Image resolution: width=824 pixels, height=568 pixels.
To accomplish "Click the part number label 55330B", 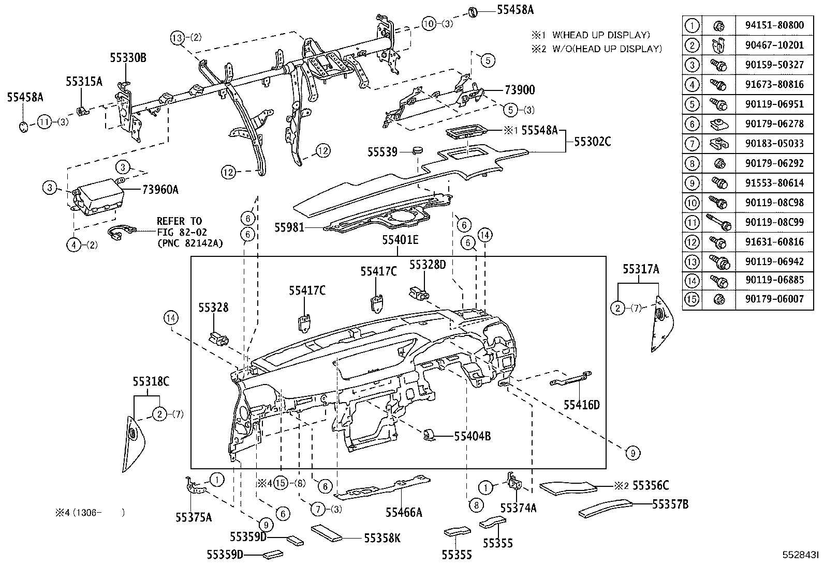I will pos(128,58).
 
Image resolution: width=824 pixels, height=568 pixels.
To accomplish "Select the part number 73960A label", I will pos(160,190).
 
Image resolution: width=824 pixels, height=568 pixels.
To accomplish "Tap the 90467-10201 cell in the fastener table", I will pos(774,45).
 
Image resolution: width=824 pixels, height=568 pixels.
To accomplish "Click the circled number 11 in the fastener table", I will pos(692,222).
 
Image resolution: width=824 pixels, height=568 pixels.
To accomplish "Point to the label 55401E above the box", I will pos(400,240).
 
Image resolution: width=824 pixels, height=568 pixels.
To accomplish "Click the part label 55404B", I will pos(472,436).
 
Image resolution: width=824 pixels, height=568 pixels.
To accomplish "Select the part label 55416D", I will pos(581,405).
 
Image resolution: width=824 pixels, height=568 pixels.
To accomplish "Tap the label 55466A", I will pos(404,512).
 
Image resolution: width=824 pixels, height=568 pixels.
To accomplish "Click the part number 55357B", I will pos(670,504).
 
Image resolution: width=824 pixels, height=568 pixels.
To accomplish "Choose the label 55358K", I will pos(382,539).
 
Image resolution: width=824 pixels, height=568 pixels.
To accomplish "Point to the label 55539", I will pos(382,152).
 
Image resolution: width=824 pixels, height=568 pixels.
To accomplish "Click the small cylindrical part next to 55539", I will pos(417,151).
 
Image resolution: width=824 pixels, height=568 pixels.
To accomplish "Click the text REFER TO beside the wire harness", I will pos(179,221).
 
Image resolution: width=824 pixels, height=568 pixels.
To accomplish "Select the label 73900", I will pos(520,90).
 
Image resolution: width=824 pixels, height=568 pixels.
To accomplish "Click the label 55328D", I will pos(427,265).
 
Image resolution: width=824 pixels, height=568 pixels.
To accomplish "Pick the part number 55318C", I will pos(151,381).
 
